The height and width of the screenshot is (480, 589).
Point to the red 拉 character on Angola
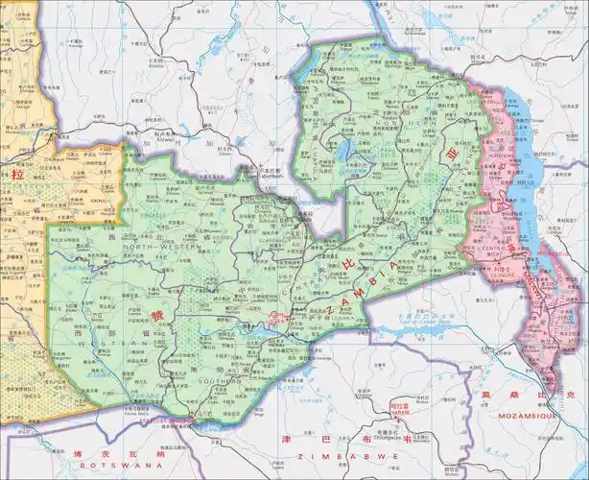(x=16, y=176)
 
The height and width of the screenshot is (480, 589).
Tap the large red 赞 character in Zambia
(x=156, y=315)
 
